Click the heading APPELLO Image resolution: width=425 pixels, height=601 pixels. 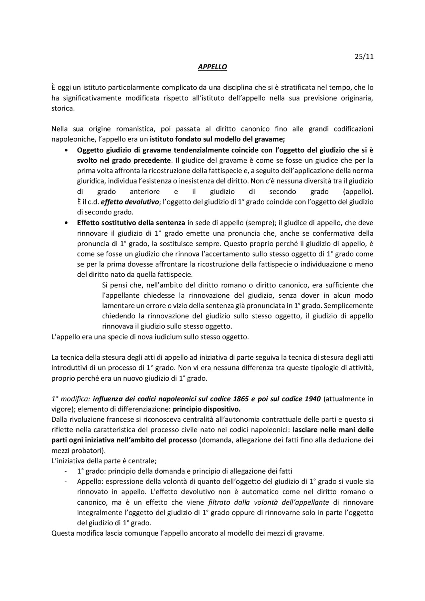tap(212, 67)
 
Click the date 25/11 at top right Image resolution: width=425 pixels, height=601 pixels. tap(364, 56)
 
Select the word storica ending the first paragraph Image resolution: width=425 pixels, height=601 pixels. tap(63, 109)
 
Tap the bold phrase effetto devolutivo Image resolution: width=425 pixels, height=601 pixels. tap(129, 202)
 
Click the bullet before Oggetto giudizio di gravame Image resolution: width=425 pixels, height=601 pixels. tap(67, 150)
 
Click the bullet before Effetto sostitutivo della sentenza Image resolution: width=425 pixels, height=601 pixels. tap(67, 223)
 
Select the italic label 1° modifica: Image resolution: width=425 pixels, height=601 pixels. tap(71, 399)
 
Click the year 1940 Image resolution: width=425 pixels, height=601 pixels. tap(312, 399)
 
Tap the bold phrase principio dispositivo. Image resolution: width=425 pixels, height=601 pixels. tap(207, 409)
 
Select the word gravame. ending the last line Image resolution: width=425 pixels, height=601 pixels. tap(311, 534)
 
